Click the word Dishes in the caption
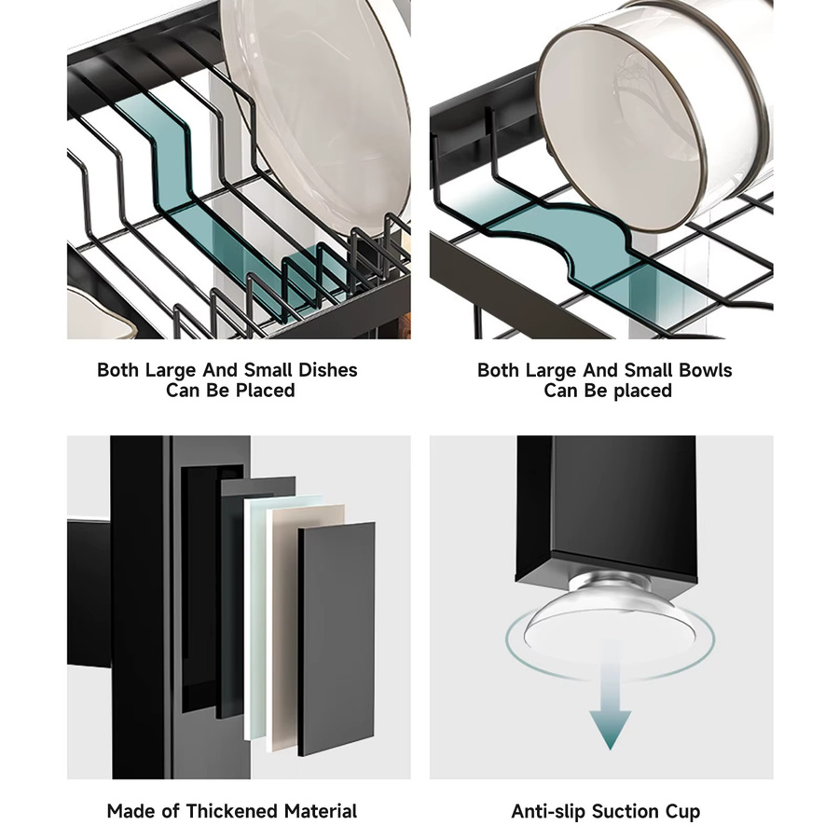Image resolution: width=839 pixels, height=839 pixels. (x=327, y=370)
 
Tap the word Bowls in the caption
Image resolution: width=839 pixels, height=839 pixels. (x=705, y=370)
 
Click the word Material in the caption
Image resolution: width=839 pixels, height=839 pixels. (x=321, y=811)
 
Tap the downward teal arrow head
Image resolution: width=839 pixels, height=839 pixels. (x=610, y=729)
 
